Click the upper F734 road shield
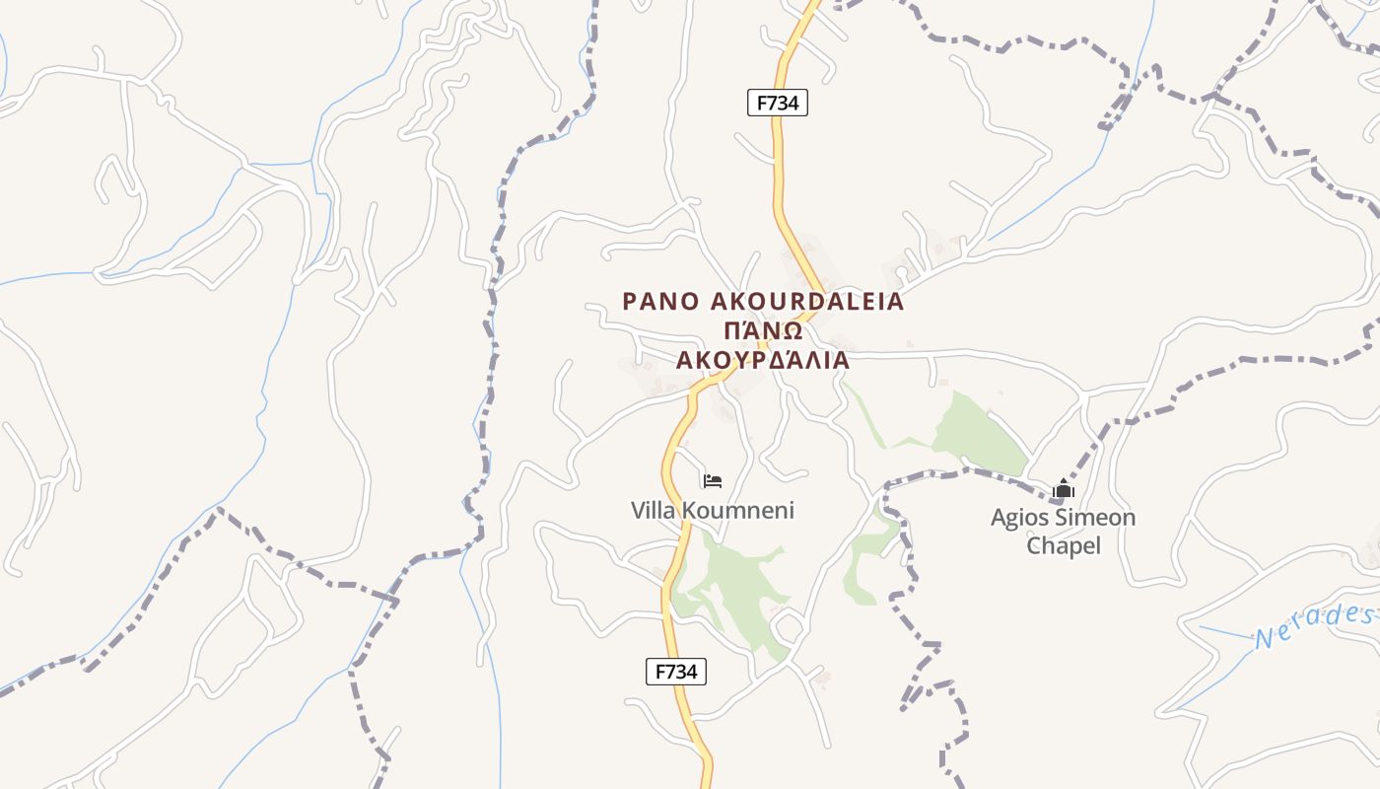(777, 103)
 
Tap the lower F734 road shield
(676, 672)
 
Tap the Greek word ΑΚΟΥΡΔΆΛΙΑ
(762, 359)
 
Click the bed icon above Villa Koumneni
(713, 481)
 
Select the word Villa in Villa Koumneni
(654, 511)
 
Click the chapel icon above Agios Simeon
(1063, 489)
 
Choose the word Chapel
(1064, 545)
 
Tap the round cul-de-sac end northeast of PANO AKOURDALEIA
(901, 271)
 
